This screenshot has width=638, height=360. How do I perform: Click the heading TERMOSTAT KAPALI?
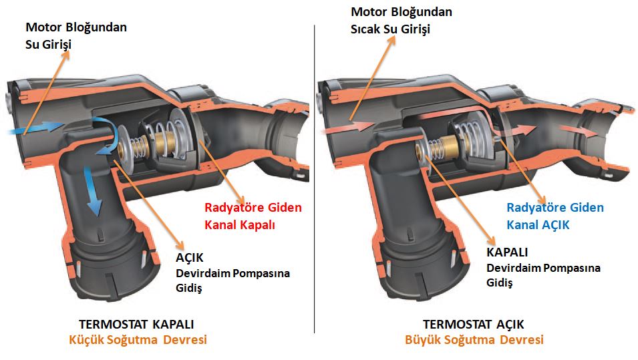(x=136, y=324)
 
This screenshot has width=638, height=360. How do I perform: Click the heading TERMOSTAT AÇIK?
(x=473, y=324)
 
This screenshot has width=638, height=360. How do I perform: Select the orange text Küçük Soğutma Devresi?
(x=138, y=340)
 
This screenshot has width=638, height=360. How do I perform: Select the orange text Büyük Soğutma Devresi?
(x=474, y=340)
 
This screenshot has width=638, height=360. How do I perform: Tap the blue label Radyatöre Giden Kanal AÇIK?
(x=554, y=216)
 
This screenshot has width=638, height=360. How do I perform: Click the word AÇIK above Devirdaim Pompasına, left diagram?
(x=190, y=258)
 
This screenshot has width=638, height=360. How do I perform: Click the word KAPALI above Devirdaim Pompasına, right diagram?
(x=507, y=252)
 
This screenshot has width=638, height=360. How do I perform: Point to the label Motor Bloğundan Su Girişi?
(x=75, y=36)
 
